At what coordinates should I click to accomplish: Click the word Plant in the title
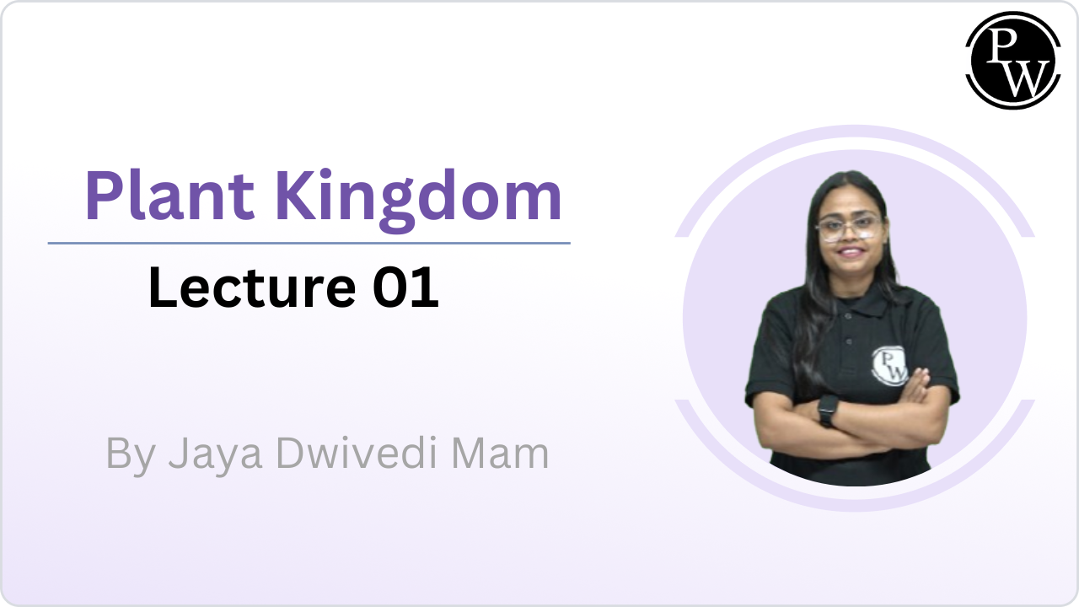169,195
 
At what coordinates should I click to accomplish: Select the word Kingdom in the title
418,200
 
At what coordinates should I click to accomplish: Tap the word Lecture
252,287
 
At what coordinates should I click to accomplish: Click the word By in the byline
131,455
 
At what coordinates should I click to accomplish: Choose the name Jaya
215,455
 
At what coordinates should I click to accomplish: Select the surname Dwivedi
357,453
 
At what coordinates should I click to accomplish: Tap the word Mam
500,454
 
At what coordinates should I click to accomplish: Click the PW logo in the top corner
1013,60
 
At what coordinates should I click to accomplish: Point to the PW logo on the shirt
889,366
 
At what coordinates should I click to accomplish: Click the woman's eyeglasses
850,228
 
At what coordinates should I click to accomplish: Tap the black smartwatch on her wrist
828,410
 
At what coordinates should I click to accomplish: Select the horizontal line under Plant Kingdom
309,244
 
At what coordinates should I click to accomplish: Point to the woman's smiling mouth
851,251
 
